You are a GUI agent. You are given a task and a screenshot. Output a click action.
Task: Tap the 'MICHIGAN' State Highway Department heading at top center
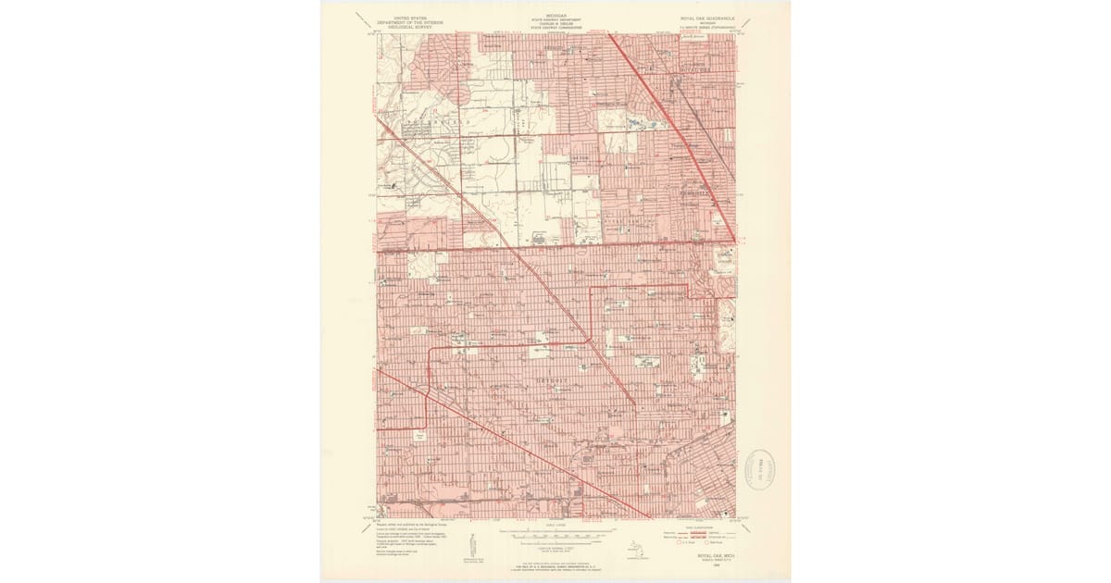tap(555, 18)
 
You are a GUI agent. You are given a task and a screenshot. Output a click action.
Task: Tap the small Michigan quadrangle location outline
tap(635, 549)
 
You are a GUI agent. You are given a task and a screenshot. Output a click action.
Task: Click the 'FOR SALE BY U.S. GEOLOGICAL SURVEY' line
tap(555, 564)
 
